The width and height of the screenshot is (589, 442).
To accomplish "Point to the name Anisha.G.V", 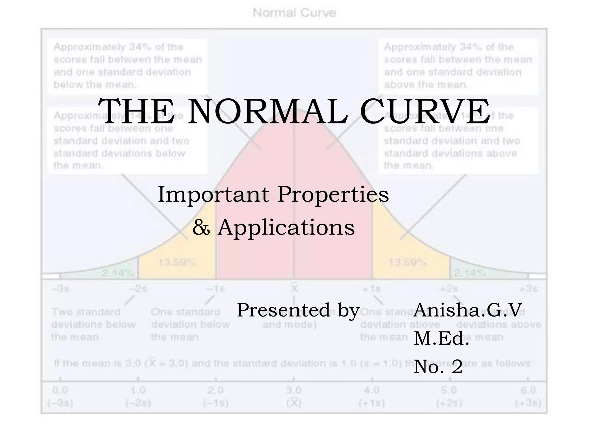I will tap(467, 310).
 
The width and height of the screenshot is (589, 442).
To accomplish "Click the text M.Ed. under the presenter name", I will tap(441, 338).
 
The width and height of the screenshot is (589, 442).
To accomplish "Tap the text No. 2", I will tap(438, 367).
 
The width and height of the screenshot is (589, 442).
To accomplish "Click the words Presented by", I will tap(298, 310).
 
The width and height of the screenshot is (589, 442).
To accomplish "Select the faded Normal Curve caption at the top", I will tap(294, 13).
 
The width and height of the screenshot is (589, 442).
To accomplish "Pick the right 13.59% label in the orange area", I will tap(407, 262).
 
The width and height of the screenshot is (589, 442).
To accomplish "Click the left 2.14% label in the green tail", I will tap(118, 273).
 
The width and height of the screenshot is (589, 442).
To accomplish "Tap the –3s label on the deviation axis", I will tap(60, 289).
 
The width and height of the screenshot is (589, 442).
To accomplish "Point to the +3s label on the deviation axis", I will tap(529, 289).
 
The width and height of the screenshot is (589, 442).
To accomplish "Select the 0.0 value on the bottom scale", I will tap(60, 390).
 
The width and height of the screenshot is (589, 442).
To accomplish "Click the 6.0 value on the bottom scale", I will tap(529, 390).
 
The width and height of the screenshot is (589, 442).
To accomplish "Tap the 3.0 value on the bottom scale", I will tap(294, 390).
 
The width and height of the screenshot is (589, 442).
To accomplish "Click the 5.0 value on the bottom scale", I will tap(449, 390).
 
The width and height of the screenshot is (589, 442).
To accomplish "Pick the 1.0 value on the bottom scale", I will tap(138, 390).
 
